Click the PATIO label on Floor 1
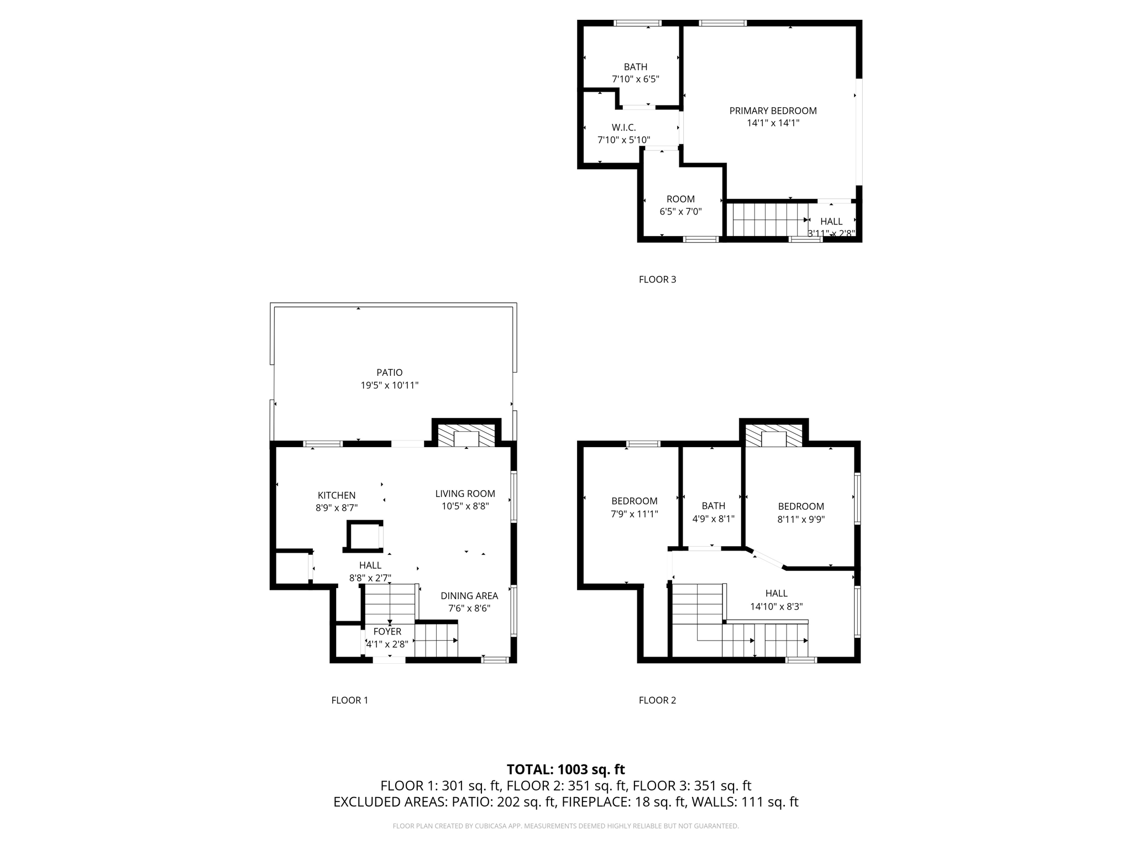390,373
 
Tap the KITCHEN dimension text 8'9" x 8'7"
337,507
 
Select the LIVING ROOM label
465,494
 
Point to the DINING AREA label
469,596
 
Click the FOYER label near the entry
387,631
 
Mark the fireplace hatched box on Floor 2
773,436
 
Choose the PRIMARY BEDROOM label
773,111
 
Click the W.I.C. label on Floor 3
623,128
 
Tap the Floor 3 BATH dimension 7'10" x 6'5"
635,79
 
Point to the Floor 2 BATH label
713,506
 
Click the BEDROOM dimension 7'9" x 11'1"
634,514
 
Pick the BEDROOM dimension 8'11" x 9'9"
801,520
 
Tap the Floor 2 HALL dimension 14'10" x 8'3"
776,606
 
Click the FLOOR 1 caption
349,700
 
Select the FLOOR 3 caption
657,280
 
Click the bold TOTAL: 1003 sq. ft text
565,769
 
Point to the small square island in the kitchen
364,536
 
